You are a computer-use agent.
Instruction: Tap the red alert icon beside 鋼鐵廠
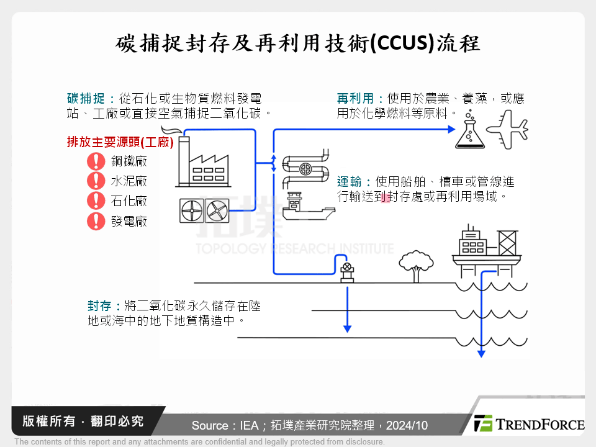(96, 161)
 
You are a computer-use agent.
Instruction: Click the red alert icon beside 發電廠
(96, 220)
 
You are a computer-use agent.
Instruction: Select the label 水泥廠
(129, 181)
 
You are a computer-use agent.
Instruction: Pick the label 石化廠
(129, 201)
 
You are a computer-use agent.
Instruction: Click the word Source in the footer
(210, 426)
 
